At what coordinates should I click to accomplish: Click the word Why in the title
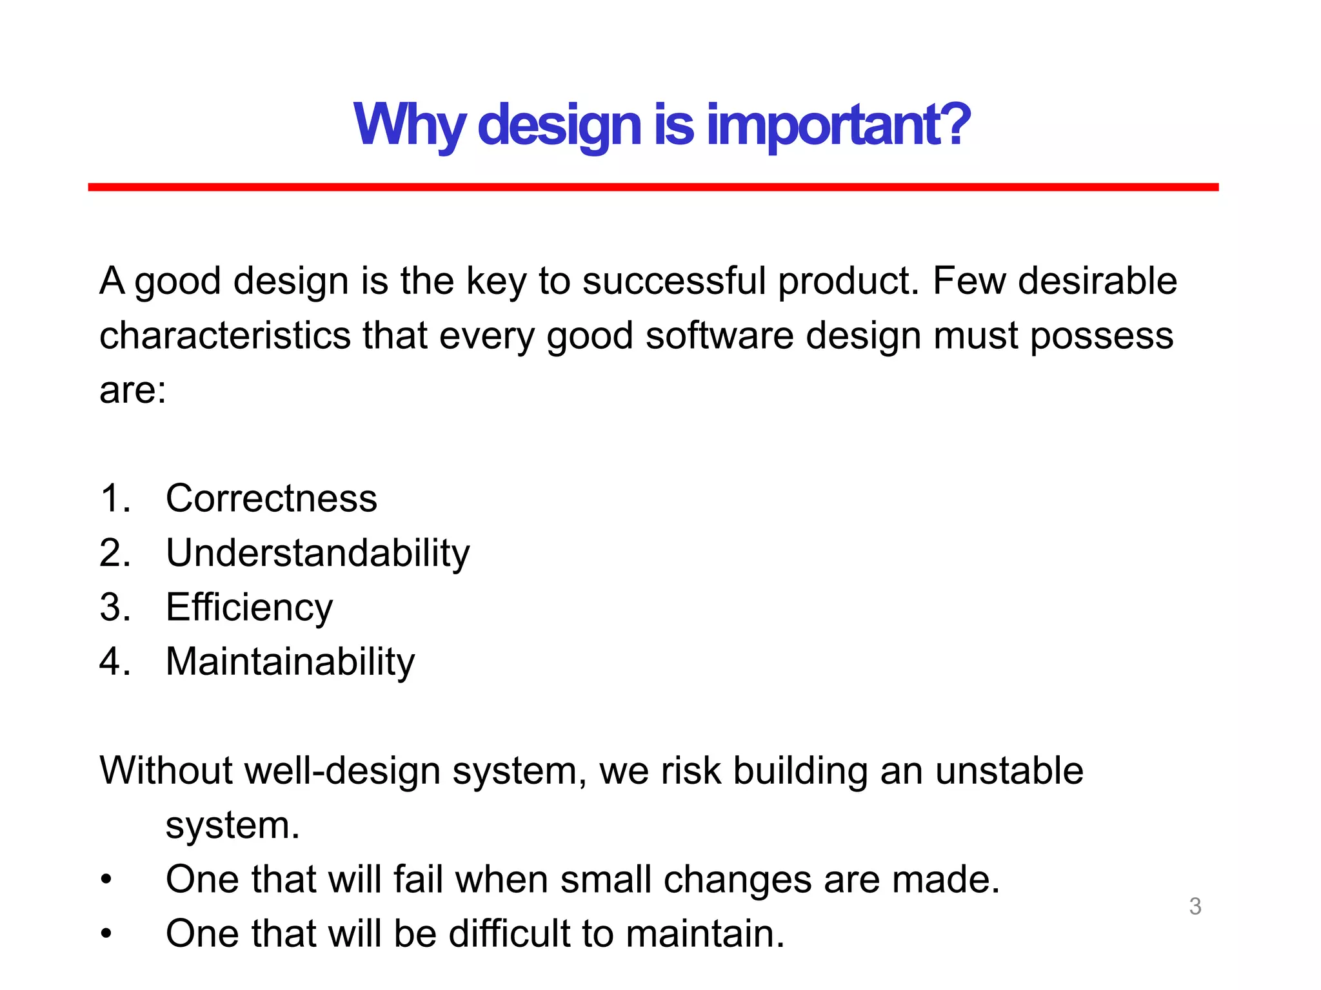409,126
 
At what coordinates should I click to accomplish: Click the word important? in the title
839,126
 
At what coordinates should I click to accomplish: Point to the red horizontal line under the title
653,187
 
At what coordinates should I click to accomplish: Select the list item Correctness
271,498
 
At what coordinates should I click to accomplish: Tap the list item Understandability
317,553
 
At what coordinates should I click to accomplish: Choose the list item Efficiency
249,607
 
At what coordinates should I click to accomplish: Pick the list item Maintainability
290,662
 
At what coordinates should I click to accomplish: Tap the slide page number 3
1195,906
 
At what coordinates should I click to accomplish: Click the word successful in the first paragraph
673,282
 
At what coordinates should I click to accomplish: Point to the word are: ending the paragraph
132,391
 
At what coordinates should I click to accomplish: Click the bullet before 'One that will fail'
106,880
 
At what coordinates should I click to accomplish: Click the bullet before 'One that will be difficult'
106,934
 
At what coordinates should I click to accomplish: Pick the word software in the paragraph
719,336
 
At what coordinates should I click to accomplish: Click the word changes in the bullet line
737,880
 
